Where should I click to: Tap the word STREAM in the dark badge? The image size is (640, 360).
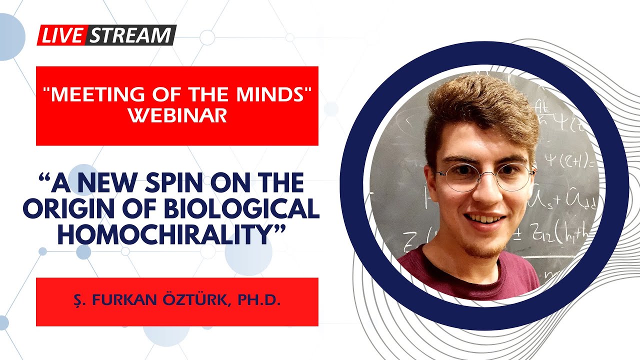tap(131, 35)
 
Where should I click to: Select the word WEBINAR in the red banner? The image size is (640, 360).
tap(177, 115)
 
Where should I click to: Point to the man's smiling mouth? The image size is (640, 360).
tap(484, 219)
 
